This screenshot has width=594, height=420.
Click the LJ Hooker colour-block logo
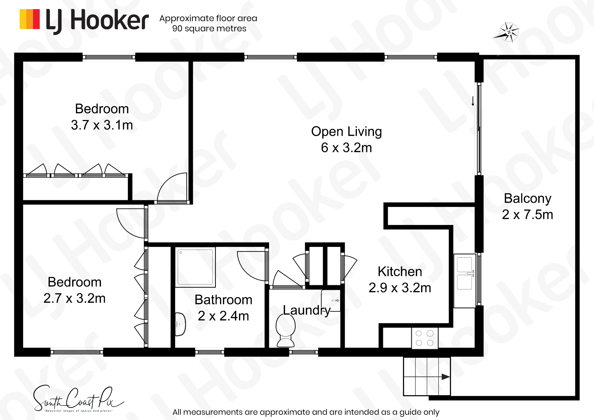pyautogui.click(x=30, y=19)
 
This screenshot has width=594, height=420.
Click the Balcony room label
pyautogui.click(x=527, y=198)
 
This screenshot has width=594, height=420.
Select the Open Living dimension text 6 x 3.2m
pyautogui.click(x=346, y=148)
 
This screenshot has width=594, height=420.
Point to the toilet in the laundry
pyautogui.click(x=286, y=330)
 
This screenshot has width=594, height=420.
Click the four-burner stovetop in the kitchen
pyautogui.click(x=425, y=338)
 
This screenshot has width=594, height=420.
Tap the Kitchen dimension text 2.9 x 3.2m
pyautogui.click(x=400, y=288)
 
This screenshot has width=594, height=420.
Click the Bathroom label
pyautogui.click(x=223, y=300)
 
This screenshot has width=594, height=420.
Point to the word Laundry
pyautogui.click(x=307, y=310)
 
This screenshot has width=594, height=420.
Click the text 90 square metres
pyautogui.click(x=209, y=28)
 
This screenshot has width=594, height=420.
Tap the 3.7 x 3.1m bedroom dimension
pyautogui.click(x=102, y=125)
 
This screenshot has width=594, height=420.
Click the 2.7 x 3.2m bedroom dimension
pyautogui.click(x=75, y=298)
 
